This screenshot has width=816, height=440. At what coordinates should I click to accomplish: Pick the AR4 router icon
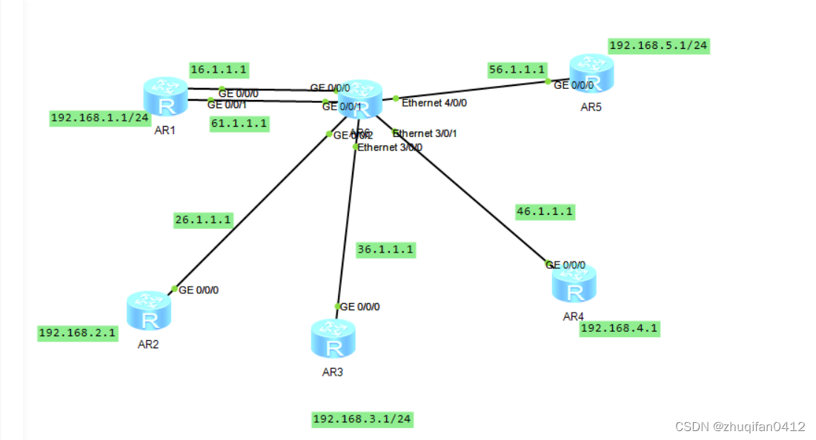coord(574,284)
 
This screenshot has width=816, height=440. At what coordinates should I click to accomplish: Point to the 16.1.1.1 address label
coord(219,70)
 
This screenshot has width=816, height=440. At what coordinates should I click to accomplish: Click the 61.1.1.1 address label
coord(239,124)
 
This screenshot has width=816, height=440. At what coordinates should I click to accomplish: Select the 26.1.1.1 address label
coord(203,219)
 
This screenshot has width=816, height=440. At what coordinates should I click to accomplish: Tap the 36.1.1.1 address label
coord(385,250)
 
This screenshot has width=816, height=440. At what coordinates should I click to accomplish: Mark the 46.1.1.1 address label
coord(545,211)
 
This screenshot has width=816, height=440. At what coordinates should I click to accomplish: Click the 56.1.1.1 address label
coord(517,70)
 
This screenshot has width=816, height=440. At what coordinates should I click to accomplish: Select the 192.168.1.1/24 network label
coord(100,118)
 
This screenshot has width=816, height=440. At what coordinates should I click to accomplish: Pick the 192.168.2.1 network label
coord(78,333)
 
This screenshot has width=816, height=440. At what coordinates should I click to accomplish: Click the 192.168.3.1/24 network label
coord(362,419)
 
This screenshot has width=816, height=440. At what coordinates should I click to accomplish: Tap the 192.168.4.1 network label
coord(620,328)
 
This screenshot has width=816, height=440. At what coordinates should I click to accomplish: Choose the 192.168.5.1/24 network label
coord(658,45)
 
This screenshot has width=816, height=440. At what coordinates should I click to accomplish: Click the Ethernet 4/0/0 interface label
coord(434,103)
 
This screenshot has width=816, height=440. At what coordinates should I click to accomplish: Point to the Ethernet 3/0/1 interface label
coord(425,133)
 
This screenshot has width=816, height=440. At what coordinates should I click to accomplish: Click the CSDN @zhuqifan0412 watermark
coord(740,427)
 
